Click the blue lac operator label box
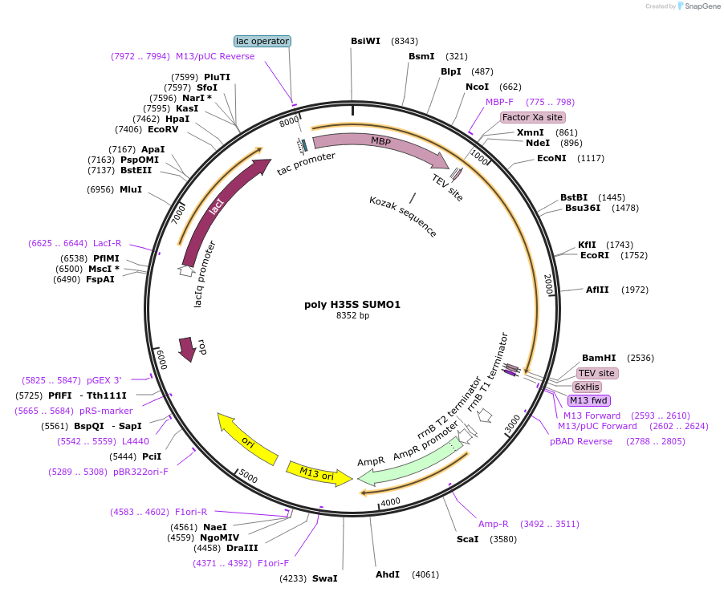262,41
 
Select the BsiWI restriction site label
365,41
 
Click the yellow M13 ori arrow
319,473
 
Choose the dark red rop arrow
188,349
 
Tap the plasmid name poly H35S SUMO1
352,304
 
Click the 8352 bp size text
352,315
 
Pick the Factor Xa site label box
532,117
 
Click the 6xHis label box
588,387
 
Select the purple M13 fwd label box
589,400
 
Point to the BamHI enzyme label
599,358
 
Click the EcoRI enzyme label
594,255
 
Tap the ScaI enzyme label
467,539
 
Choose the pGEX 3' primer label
105,380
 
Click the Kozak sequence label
403,217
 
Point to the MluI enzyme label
131,189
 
